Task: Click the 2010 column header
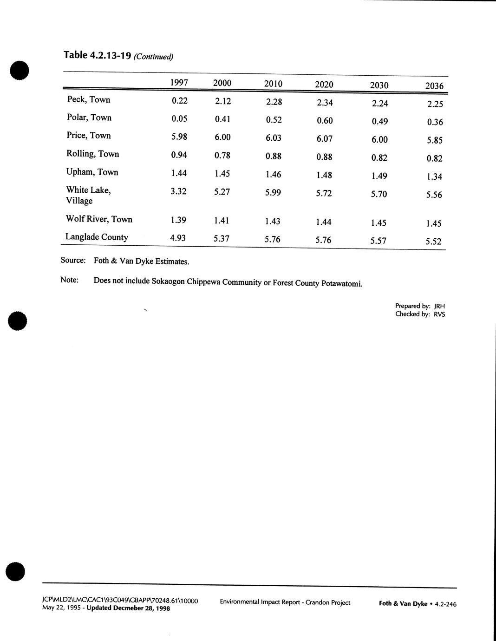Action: click(273, 84)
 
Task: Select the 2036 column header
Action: click(434, 86)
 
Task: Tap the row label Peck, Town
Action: click(89, 99)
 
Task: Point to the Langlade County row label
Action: click(97, 237)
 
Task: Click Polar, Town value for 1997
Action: click(179, 118)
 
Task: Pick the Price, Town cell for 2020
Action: click(324, 138)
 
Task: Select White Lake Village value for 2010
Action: click(273, 193)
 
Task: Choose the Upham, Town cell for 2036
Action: click(434, 177)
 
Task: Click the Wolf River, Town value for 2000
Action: click(222, 221)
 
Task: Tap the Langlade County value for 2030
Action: click(379, 241)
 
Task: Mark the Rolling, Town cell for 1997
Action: click(179, 155)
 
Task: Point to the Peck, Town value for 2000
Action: click(223, 101)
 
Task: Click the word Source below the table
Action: click(73, 260)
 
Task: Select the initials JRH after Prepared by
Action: click(439, 307)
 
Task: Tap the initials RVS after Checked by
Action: click(439, 314)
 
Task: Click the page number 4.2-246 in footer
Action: click(445, 604)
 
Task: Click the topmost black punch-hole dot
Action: click(19, 71)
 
